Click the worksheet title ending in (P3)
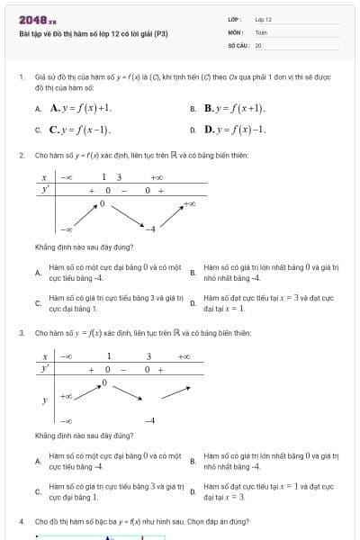click(93, 33)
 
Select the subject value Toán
click(261, 31)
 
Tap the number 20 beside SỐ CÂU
click(258, 44)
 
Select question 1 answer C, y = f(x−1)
click(80, 130)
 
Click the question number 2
click(21, 155)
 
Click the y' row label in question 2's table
click(45, 190)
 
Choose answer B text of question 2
click(270, 273)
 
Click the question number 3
click(21, 333)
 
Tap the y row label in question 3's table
click(44, 400)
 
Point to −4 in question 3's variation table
click(150, 420)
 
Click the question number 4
click(21, 521)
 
